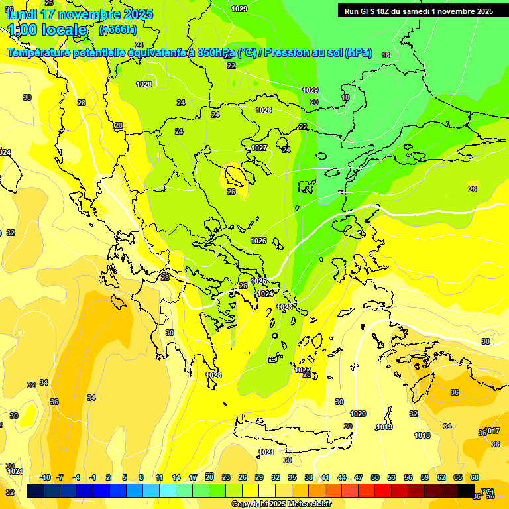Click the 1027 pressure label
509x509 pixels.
click(x=259, y=148)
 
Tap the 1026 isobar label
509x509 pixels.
click(x=259, y=241)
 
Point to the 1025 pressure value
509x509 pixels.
click(x=258, y=282)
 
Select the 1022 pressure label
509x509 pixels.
click(x=302, y=370)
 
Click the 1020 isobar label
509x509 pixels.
click(x=358, y=414)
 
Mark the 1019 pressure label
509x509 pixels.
click(x=384, y=427)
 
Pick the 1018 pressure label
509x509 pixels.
click(x=422, y=435)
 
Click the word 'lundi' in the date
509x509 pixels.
click(x=21, y=13)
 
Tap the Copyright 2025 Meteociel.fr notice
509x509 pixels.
click(x=282, y=504)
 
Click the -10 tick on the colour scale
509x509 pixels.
click(x=45, y=477)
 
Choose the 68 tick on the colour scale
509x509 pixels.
click(x=475, y=477)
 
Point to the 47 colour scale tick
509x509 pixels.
click(x=359, y=477)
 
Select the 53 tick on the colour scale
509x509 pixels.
click(x=392, y=477)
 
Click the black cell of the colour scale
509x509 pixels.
click(x=466, y=491)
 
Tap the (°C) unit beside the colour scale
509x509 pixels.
click(x=487, y=492)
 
